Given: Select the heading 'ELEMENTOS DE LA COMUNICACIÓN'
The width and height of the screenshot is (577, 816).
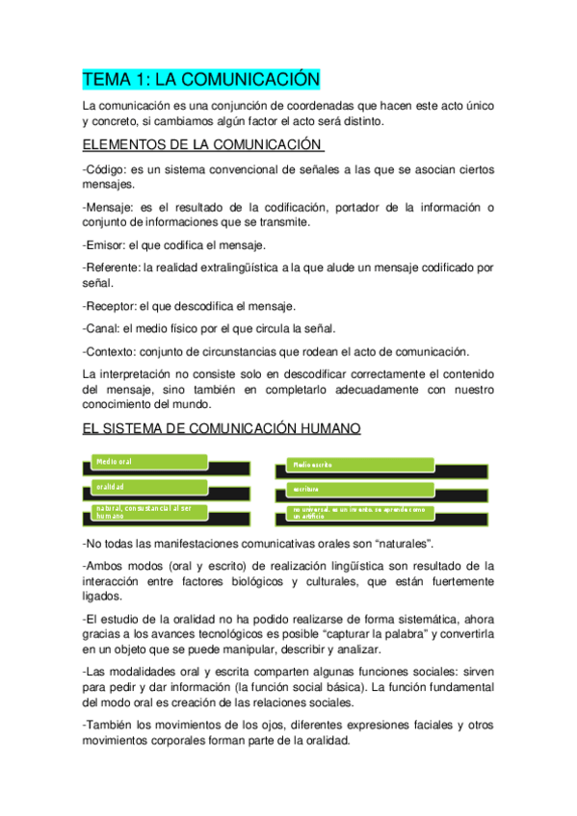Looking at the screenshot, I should [201, 145].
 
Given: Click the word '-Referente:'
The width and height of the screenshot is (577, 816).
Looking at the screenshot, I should [112, 268].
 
